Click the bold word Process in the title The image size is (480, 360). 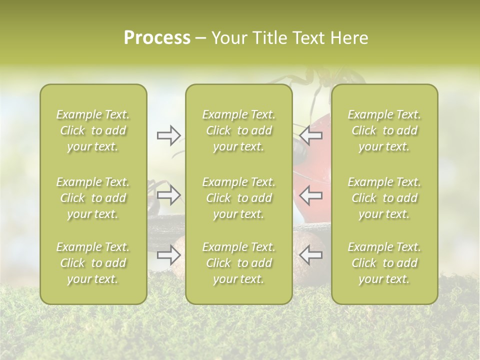coord(157,38)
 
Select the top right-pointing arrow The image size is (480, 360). coord(168,134)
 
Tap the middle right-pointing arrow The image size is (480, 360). coord(168,194)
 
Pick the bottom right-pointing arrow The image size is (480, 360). coord(168,255)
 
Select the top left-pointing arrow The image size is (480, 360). coord(310,134)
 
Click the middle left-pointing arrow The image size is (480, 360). coord(310,194)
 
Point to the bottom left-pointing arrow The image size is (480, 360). coord(310,255)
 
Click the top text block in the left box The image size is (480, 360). coord(93,130)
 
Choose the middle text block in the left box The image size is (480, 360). coord(93,198)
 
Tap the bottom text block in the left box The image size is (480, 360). coord(93,263)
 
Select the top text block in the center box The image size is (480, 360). coord(239,130)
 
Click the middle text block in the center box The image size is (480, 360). coord(239,198)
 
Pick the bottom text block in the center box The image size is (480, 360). coord(239,263)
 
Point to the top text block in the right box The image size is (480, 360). coord(384,130)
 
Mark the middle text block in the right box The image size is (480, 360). coord(384,198)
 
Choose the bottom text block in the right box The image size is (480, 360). coord(384,263)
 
